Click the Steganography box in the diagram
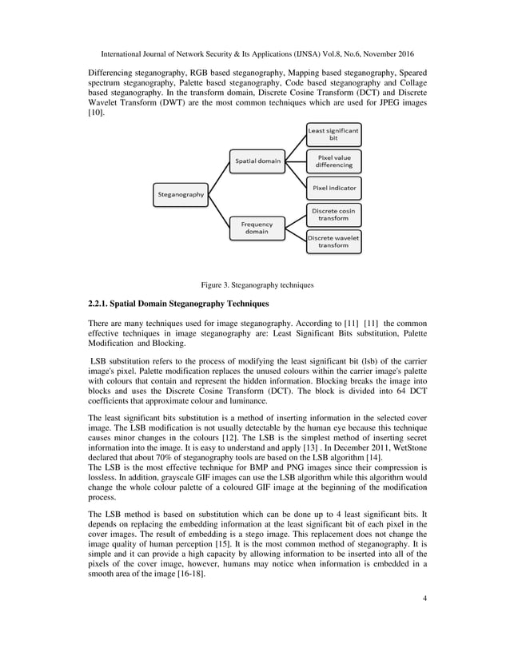(181, 193)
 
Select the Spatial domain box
(257, 161)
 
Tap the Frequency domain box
(257, 228)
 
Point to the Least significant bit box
(333, 133)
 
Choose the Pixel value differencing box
(333, 161)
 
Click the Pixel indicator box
(334, 189)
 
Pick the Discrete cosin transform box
(333, 214)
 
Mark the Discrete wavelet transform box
(333, 241)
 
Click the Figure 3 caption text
(256, 284)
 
